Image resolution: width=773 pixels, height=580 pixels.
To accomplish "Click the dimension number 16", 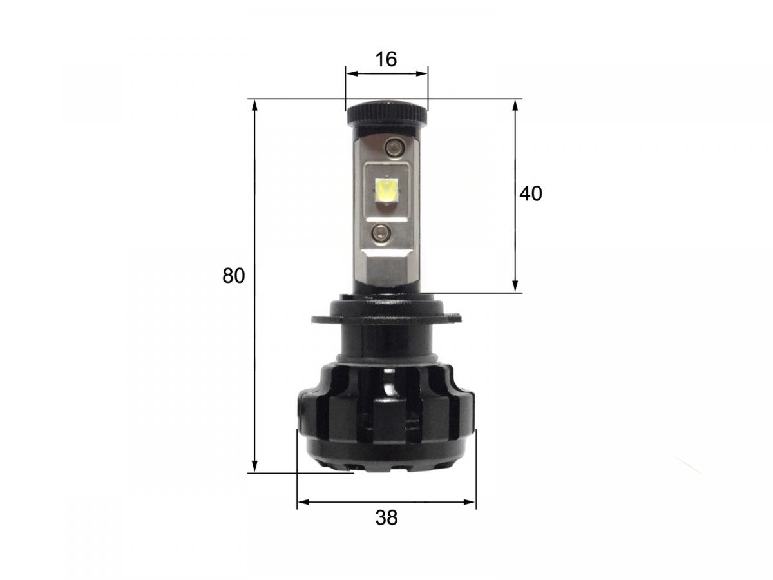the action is pyautogui.click(x=386, y=59).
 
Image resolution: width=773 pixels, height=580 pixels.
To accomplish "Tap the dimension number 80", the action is pyautogui.click(x=233, y=275).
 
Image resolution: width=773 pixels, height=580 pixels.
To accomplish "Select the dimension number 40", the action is pyautogui.click(x=531, y=194).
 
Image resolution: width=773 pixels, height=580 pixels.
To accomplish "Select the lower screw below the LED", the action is pyautogui.click(x=380, y=232).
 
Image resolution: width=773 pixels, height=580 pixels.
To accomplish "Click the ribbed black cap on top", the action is pyautogui.click(x=386, y=114).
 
